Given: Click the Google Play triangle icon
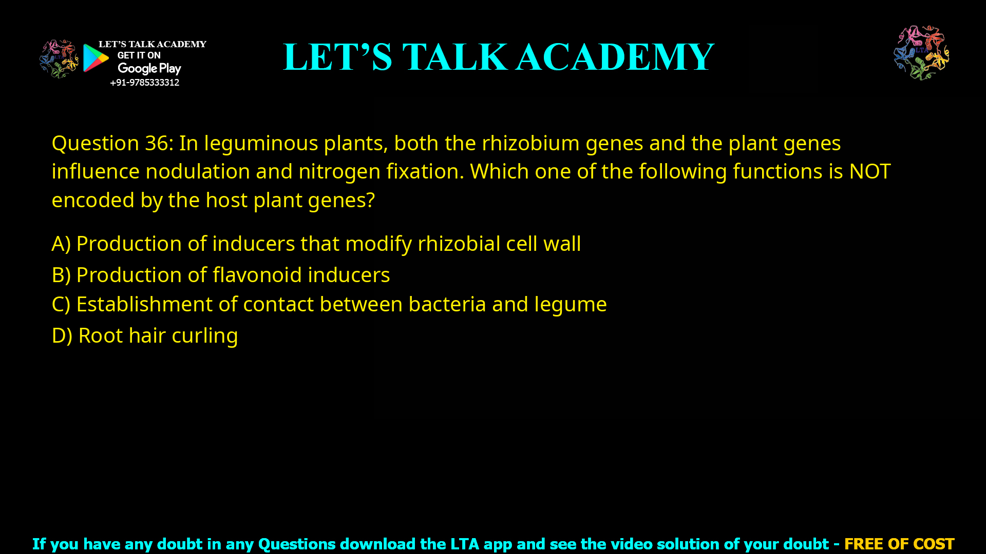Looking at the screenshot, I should [95, 58].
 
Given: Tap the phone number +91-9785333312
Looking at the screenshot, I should [144, 83].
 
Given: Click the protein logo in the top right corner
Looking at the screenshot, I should [921, 52].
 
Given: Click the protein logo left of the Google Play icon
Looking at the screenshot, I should [59, 58].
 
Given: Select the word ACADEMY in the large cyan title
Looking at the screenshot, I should [615, 57].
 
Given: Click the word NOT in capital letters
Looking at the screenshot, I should [869, 171].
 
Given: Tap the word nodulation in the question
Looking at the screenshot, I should [197, 171].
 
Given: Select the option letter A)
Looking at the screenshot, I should [61, 244].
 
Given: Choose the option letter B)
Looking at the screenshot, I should [61, 275].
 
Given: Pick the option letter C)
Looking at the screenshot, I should [61, 304].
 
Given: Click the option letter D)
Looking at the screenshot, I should [62, 335].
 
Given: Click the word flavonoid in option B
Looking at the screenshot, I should [257, 275].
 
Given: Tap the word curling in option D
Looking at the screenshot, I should [204, 335].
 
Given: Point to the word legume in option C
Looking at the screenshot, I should [570, 304].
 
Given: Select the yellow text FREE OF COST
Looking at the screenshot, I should [899, 544].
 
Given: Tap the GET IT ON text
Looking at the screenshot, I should [139, 55].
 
